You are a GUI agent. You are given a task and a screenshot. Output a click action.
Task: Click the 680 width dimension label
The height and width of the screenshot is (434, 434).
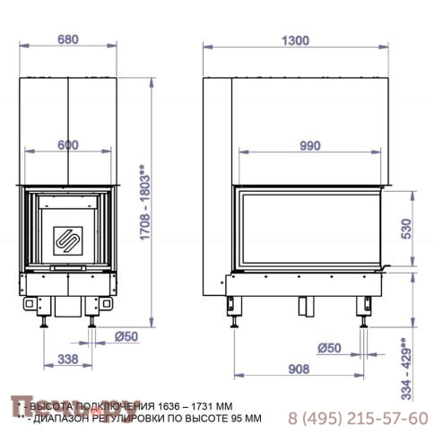point(69,39)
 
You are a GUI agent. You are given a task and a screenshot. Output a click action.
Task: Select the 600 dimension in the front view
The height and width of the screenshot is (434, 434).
point(69,144)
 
